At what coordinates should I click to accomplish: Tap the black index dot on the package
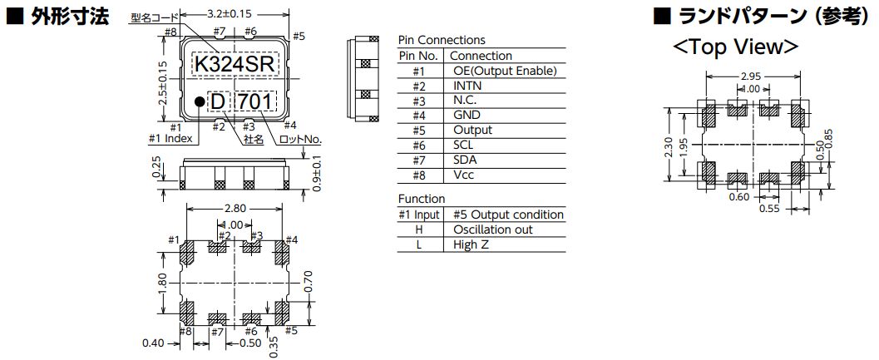click(200, 101)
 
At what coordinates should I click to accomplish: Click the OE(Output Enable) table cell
click(505, 71)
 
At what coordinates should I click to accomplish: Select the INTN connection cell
click(467, 86)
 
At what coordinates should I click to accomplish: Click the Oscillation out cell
click(493, 229)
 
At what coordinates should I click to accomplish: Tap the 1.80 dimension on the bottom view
click(163, 282)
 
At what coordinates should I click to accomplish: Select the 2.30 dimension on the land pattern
click(669, 146)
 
